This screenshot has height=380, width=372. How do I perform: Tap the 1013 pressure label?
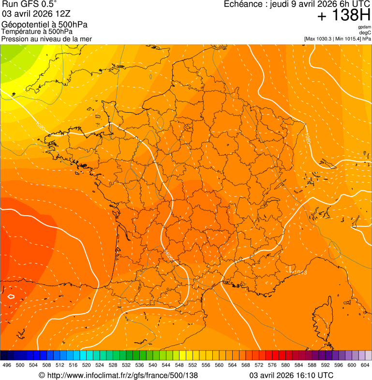coord(300,273)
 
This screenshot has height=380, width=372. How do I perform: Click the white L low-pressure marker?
coord(291,267)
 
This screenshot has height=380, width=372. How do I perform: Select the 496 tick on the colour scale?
coord(7,365)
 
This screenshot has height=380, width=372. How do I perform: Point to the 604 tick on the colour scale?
coord(365,365)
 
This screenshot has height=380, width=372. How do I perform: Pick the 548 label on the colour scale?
coord(179,365)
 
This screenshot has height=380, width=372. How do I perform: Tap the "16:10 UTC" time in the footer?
coord(316,375)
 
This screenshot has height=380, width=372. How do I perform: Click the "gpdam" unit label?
coord(364,27)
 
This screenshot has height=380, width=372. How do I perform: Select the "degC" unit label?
coord(365,32)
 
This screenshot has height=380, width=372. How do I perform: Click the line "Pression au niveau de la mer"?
coord(46,39)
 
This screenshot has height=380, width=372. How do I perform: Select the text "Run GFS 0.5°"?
coord(30,4)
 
